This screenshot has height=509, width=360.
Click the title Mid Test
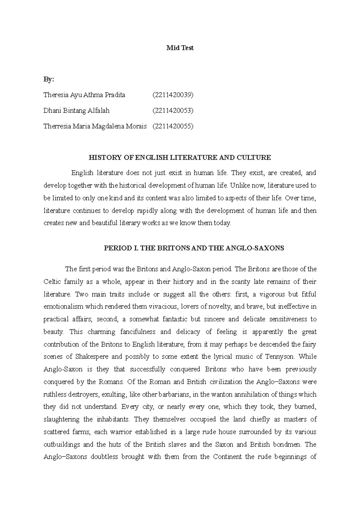click(180, 48)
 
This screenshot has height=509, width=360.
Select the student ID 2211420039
click(173, 95)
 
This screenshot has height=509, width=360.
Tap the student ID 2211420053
click(173, 111)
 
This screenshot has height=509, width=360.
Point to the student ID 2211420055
click(173, 126)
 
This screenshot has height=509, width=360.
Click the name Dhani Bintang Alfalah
click(76, 111)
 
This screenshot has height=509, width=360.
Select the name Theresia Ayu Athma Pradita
click(84, 95)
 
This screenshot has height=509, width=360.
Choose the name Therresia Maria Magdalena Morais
click(95, 126)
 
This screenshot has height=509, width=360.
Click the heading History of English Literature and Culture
click(180, 157)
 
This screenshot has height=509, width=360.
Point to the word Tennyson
click(280, 357)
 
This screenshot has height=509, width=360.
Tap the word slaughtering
click(61, 419)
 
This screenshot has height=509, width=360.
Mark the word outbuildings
click(61, 444)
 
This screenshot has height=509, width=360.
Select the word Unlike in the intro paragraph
click(239, 186)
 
